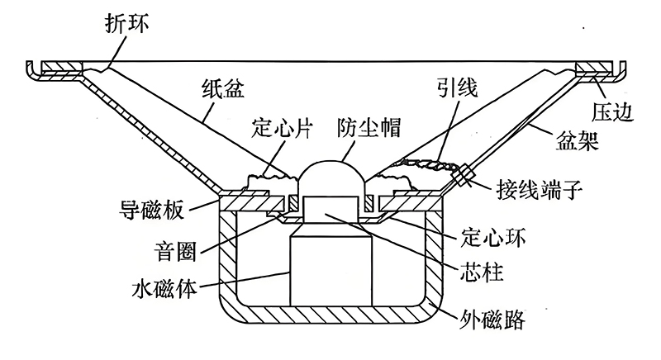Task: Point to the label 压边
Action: (612, 110)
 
